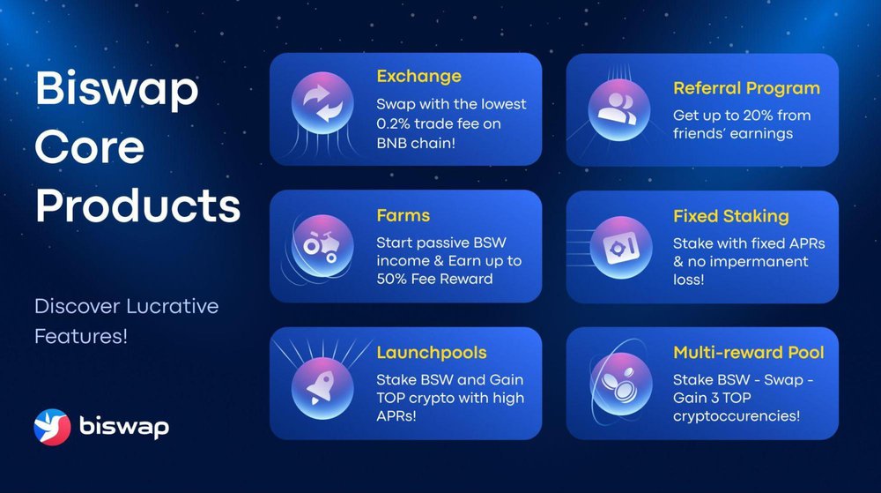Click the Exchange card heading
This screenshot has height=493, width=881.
pyautogui.click(x=418, y=77)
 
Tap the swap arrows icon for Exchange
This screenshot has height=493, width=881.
pyautogui.click(x=322, y=103)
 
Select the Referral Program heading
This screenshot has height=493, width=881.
pyautogui.click(x=747, y=88)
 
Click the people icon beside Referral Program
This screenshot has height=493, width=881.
pyautogui.click(x=618, y=109)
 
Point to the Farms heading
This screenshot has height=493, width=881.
pyautogui.click(x=403, y=215)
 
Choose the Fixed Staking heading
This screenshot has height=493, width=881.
pyautogui.click(x=731, y=216)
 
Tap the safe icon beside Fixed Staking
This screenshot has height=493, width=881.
pyautogui.click(x=621, y=247)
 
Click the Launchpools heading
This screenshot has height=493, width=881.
pyautogui.click(x=432, y=353)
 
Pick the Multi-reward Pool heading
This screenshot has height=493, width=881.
pyautogui.click(x=748, y=353)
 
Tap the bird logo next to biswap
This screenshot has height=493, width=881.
pyautogui.click(x=52, y=427)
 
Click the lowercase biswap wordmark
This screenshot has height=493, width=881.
pyautogui.click(x=124, y=427)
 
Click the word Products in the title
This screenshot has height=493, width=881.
pyautogui.click(x=137, y=205)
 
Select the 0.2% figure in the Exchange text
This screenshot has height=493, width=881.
pyautogui.click(x=392, y=123)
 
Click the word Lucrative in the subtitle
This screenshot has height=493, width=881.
pyautogui.click(x=173, y=306)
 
